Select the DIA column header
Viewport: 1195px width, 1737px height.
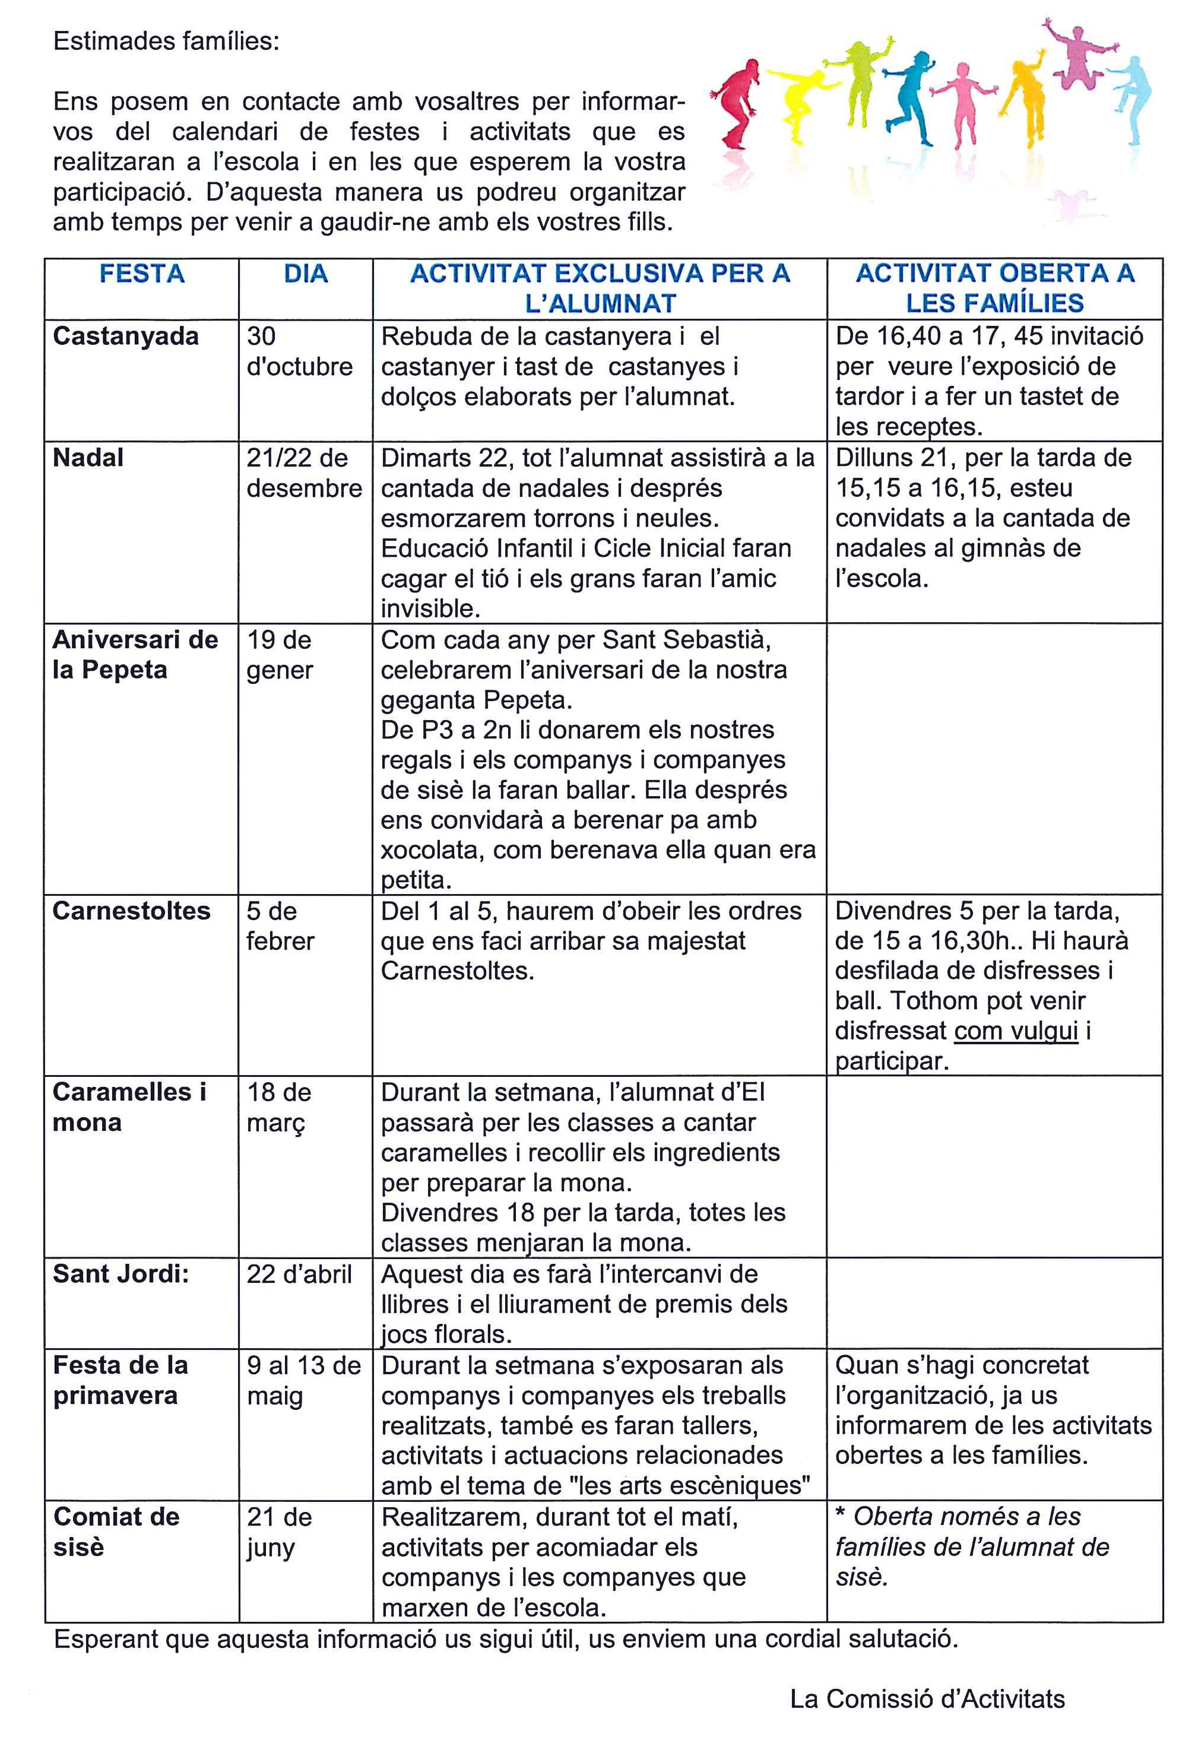pyautogui.click(x=306, y=274)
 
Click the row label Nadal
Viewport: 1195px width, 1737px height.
pyautogui.click(x=88, y=458)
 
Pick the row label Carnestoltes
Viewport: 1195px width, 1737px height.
pyautogui.click(x=132, y=911)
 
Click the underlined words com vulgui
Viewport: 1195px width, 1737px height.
pyautogui.click(x=1016, y=1031)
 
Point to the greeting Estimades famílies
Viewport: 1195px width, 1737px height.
pyautogui.click(x=166, y=41)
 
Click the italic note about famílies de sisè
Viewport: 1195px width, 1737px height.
pyautogui.click(x=972, y=1547)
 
